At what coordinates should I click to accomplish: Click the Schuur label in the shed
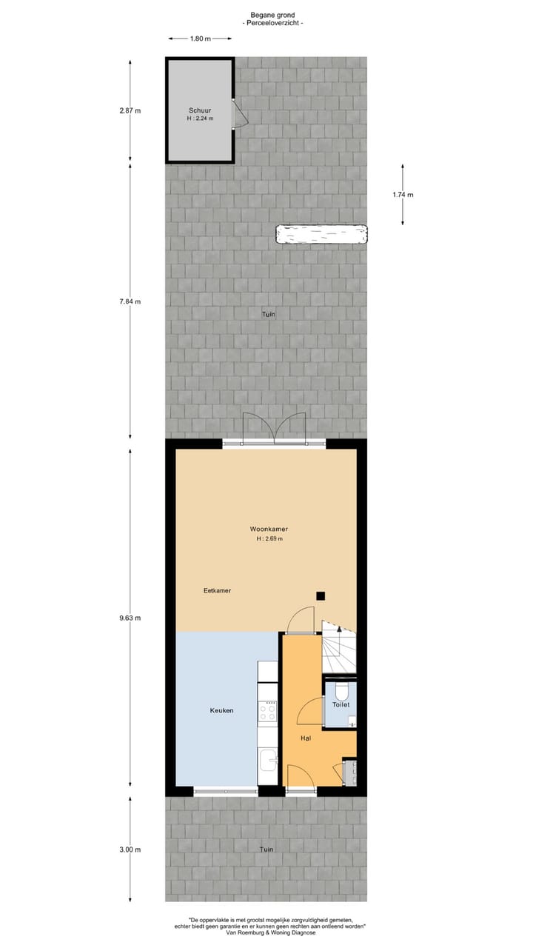199,110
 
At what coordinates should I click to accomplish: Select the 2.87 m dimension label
130,111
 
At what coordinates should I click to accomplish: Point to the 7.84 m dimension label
130,301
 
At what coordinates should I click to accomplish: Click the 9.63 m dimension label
130,618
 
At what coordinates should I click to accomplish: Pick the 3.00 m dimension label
130,849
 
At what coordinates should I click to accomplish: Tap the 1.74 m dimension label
403,195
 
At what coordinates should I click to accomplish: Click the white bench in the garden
322,235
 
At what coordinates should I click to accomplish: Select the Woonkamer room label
268,530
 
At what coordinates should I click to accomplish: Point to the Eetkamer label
218,590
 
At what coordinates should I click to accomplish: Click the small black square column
321,595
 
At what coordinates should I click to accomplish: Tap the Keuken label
221,710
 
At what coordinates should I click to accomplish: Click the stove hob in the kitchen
267,712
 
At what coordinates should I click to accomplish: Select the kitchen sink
268,758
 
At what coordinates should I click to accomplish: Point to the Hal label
306,738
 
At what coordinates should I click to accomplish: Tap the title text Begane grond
272,14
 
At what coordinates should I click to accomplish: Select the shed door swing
238,114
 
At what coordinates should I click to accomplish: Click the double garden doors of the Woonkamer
274,428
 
